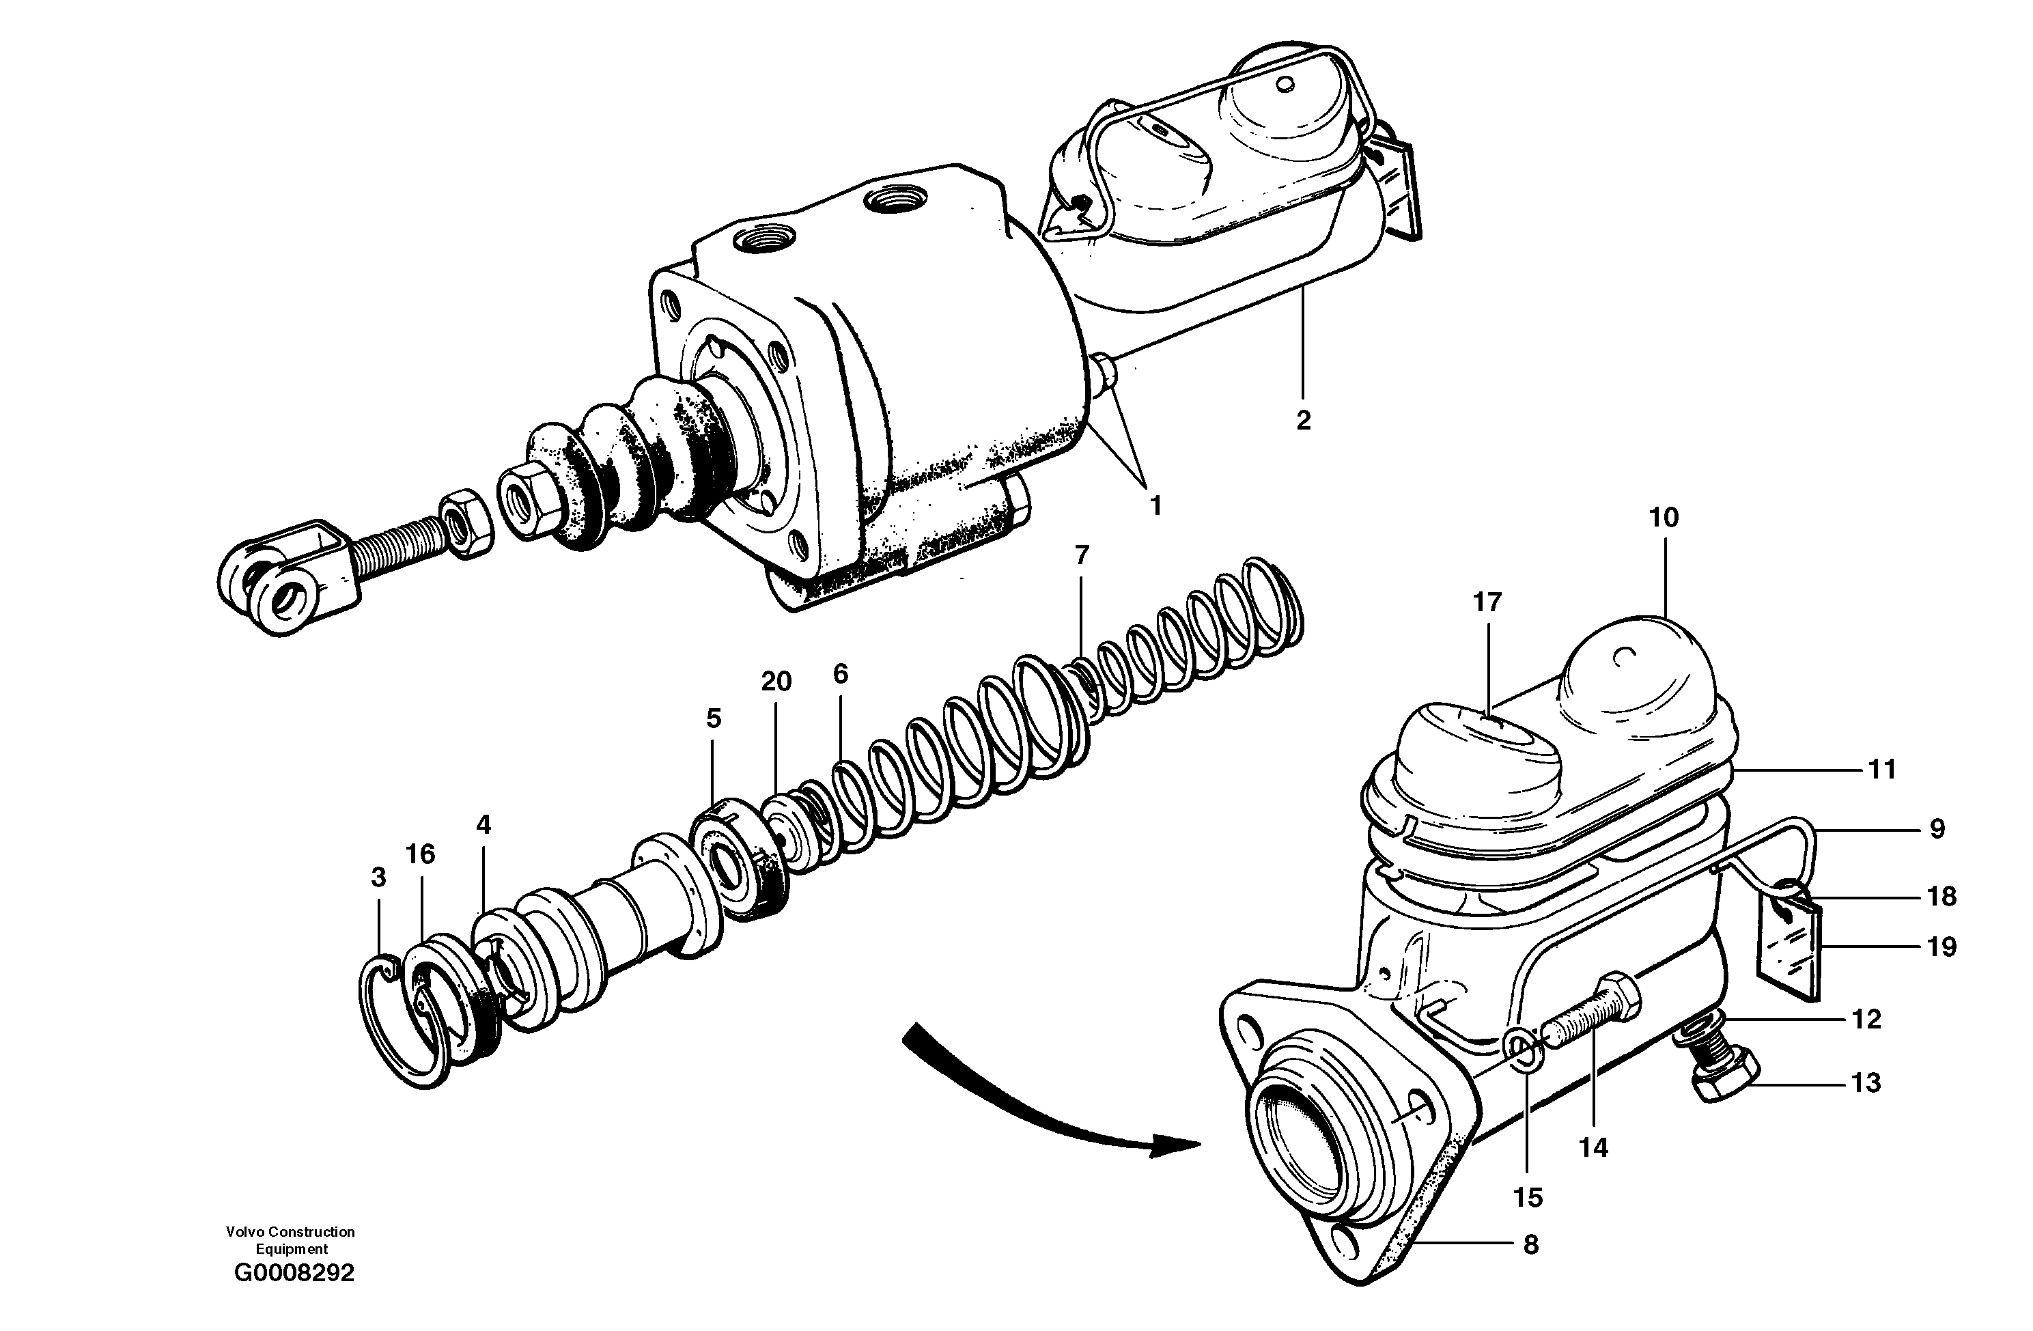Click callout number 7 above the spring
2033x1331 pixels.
[1082, 555]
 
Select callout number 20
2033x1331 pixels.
[776, 681]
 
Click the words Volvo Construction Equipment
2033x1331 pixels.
[290, 1239]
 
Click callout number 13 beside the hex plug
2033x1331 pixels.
[1866, 1083]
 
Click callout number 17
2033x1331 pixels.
[1487, 602]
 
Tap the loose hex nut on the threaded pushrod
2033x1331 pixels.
[466, 523]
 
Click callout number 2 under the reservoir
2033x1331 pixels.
[1303, 420]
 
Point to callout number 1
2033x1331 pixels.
[1155, 506]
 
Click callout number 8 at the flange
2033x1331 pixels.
[1531, 1245]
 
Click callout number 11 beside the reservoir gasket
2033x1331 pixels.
[1883, 770]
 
